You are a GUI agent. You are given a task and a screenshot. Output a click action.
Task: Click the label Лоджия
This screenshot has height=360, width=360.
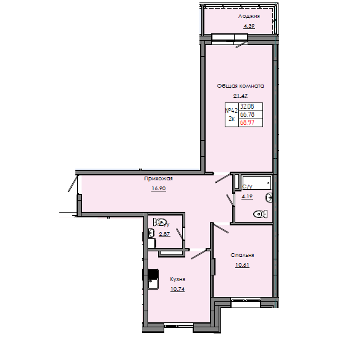point(249,16)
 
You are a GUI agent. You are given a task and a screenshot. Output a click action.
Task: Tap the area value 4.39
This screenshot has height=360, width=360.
point(249,26)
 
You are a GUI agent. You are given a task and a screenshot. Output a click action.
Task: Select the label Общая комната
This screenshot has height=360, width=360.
point(240,86)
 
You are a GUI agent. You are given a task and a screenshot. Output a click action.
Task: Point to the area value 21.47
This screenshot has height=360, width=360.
point(240,96)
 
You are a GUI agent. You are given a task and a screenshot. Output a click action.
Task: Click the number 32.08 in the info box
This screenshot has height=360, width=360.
point(246,106)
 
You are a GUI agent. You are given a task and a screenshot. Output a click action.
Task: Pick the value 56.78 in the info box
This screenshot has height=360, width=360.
point(246,114)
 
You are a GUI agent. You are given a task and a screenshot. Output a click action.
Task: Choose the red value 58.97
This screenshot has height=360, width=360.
point(246,122)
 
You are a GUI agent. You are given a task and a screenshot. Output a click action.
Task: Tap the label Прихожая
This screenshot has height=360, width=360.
point(158,178)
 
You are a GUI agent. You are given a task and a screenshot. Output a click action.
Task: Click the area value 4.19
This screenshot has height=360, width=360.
point(248,196)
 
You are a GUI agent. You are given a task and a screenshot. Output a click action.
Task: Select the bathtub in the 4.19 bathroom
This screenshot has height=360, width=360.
point(256,183)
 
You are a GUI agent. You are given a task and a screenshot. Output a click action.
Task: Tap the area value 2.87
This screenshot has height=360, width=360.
point(164,234)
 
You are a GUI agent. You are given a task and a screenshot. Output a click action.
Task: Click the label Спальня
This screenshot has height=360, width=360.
point(243,254)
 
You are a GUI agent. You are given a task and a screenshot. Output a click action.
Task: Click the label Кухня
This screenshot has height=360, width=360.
point(178,278)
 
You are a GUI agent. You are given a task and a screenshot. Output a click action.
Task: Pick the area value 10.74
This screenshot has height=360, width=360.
point(178,288)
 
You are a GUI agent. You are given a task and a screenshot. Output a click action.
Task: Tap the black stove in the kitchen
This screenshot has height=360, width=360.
point(152,274)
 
